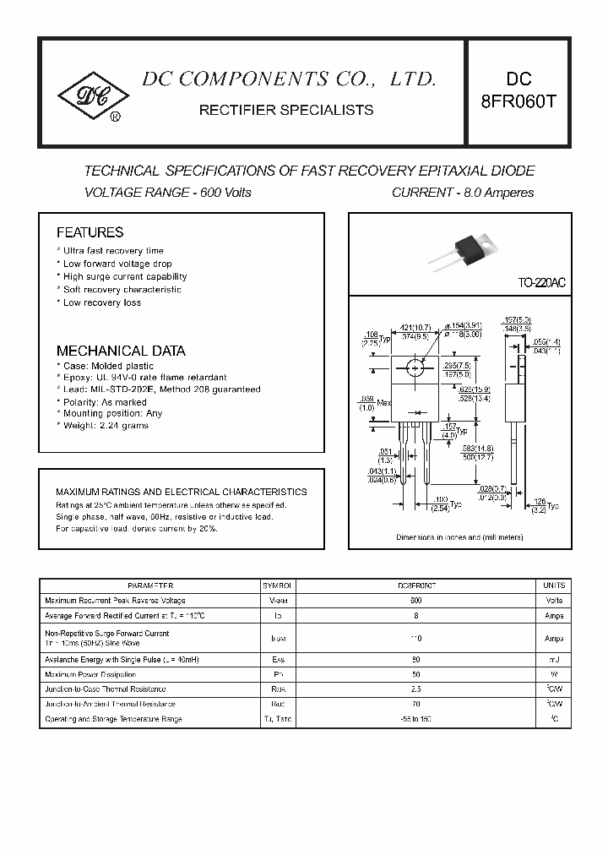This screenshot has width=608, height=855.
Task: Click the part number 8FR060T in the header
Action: tap(518, 102)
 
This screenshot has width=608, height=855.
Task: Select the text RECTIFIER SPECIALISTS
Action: tap(285, 110)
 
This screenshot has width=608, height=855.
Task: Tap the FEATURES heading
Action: tap(90, 232)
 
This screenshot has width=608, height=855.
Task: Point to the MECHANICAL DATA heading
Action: tap(121, 351)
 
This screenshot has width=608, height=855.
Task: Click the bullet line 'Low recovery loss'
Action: tap(102, 302)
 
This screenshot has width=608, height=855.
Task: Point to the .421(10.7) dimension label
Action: tap(417, 327)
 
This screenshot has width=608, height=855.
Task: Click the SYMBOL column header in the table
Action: tap(277, 585)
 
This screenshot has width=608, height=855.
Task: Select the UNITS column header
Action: tap(553, 585)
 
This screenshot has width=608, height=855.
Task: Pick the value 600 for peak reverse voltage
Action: tap(415, 601)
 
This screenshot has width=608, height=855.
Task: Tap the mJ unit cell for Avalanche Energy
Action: tap(553, 659)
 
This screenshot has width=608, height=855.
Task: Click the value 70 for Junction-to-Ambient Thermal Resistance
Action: tap(415, 704)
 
